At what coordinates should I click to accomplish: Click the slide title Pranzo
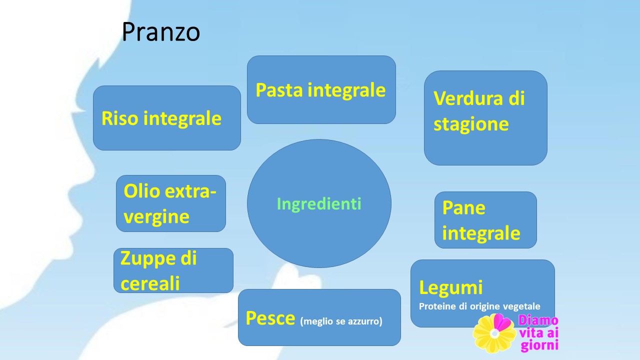coord(161,31)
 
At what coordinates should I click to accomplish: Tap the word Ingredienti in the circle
coord(319,204)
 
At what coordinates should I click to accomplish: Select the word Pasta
coord(279,90)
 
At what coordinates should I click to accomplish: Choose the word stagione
coord(471,124)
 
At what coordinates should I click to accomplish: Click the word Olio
coord(141,191)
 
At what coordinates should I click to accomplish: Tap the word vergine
coord(156,217)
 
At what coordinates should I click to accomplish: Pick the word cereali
coord(150,283)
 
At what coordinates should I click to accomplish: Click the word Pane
coord(463,207)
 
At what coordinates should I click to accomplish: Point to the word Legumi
coord(451,287)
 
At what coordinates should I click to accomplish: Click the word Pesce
coord(270,318)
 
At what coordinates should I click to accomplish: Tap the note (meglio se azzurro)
coord(341,321)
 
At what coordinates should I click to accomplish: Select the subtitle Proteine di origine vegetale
coord(479,306)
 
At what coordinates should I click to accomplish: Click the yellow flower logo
coord(495,333)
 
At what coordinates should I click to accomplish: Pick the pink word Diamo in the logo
coord(538,320)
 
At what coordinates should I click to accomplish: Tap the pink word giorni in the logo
coord(539,345)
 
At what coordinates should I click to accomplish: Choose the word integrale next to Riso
coord(182,119)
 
